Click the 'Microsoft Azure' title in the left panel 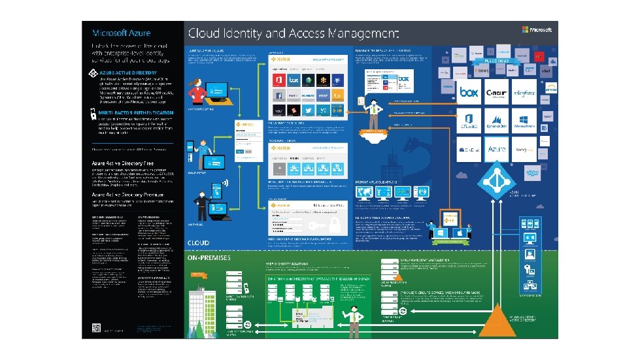pyautogui.click(x=122, y=33)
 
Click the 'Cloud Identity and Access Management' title pyautogui.click(x=294, y=32)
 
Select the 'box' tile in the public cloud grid pyautogui.click(x=469, y=93)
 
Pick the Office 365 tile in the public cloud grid pyautogui.click(x=469, y=121)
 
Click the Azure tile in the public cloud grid pyautogui.click(x=497, y=150)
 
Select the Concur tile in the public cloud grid pyautogui.click(x=497, y=93)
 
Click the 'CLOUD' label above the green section pyautogui.click(x=198, y=242)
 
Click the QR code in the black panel pyautogui.click(x=96, y=328)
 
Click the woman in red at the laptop pyautogui.click(x=196, y=91)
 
